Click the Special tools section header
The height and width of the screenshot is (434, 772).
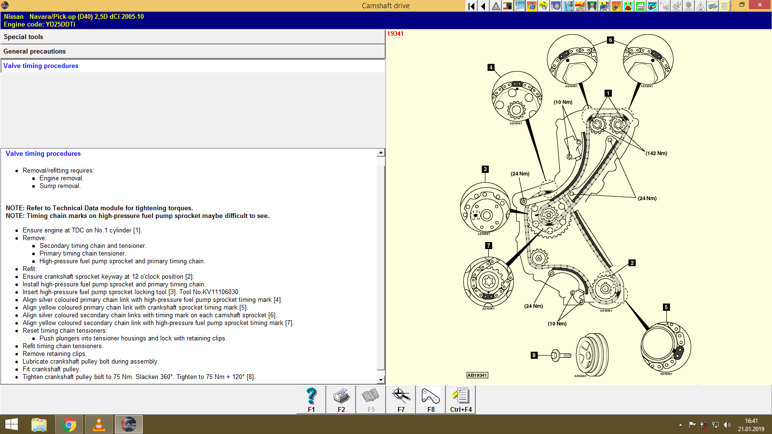24,37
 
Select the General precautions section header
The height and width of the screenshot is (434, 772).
35,52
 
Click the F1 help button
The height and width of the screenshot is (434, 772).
311,400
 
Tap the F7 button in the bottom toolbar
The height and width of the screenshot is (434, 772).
401,400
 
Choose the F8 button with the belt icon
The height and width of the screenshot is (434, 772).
431,400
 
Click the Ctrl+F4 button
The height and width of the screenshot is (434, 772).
461,400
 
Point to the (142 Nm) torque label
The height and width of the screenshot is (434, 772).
656,153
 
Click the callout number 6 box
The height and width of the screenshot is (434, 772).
610,40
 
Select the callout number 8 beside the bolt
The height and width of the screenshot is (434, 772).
534,355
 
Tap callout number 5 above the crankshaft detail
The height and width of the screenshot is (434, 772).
666,307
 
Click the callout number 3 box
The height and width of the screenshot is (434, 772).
485,169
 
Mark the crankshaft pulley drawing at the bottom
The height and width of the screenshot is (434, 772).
593,354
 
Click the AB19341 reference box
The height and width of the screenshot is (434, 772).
477,375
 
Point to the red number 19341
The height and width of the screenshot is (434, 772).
395,34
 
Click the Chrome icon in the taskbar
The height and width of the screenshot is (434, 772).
69,425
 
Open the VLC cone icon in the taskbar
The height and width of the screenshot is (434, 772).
99,425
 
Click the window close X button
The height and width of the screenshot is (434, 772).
760,5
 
